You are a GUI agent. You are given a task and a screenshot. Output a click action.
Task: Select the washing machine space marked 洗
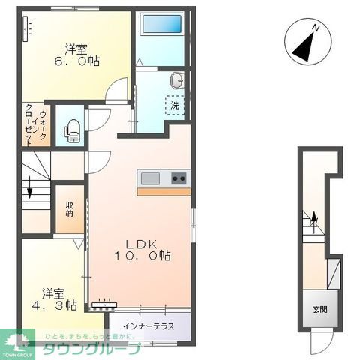click(x=174, y=106)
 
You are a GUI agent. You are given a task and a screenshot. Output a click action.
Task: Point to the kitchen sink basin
click(x=150, y=178)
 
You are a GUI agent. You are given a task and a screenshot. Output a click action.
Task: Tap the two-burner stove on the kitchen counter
click(x=179, y=178)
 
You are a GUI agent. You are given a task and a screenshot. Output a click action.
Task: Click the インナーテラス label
click(x=151, y=325)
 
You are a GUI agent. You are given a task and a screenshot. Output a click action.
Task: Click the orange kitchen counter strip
click(x=163, y=191)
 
